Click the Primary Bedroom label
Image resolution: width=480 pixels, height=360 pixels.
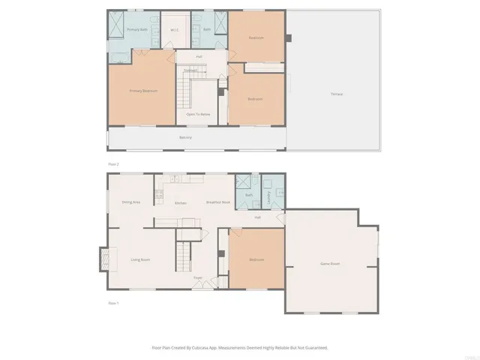pyautogui.click(x=142, y=90)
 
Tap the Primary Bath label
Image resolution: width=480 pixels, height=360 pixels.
pyautogui.click(x=136, y=30)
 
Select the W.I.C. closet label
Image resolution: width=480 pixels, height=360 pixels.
pyautogui.click(x=173, y=31)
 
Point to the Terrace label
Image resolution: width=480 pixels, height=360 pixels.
pyautogui.click(x=337, y=94)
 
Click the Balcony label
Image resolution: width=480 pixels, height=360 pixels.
pyautogui.click(x=185, y=137)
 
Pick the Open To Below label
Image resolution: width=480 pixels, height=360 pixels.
pyautogui.click(x=198, y=114)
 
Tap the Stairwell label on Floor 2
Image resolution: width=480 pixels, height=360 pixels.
pyautogui.click(x=190, y=70)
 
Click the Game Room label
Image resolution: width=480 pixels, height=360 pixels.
pyautogui.click(x=331, y=264)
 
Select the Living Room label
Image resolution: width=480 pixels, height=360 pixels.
pyautogui.click(x=141, y=259)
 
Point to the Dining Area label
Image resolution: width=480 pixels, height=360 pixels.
pyautogui.click(x=131, y=202)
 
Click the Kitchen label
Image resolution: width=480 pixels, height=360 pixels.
pyautogui.click(x=181, y=203)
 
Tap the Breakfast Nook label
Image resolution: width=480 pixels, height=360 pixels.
pyautogui.click(x=217, y=203)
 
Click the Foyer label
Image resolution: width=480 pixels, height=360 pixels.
pyautogui.click(x=198, y=277)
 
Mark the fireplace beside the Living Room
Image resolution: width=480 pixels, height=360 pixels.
pyautogui.click(x=102, y=259)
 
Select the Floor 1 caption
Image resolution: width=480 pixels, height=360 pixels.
pyautogui.click(x=114, y=302)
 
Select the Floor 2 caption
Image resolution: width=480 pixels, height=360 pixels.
pyautogui.click(x=114, y=163)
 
